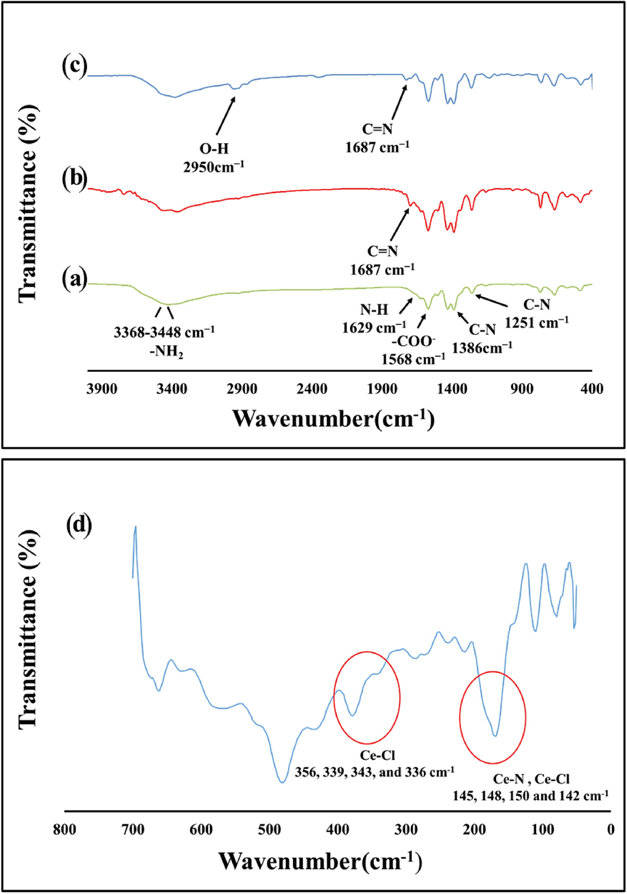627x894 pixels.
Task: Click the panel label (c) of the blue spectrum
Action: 74,66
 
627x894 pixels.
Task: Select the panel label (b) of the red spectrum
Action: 74,178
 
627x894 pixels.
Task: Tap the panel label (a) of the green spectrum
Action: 74,279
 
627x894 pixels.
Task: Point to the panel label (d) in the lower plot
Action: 79,524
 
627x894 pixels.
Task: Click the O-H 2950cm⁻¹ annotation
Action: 213,157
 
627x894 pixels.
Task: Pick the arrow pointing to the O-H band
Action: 226,117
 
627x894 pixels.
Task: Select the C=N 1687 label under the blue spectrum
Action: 377,138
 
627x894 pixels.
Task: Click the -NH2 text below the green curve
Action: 166,352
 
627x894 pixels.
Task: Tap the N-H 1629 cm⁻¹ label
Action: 374,319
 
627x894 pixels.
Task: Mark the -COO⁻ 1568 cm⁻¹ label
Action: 413,350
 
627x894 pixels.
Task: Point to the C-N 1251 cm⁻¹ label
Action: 536,314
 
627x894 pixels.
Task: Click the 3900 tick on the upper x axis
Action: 102,389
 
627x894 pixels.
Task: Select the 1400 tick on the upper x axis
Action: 452,389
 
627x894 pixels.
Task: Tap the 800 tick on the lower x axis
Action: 64,829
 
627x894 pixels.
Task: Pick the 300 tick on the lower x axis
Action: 406,829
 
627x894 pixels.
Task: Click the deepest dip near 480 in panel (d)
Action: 282,781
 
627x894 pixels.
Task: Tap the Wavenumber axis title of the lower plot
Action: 320,861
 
